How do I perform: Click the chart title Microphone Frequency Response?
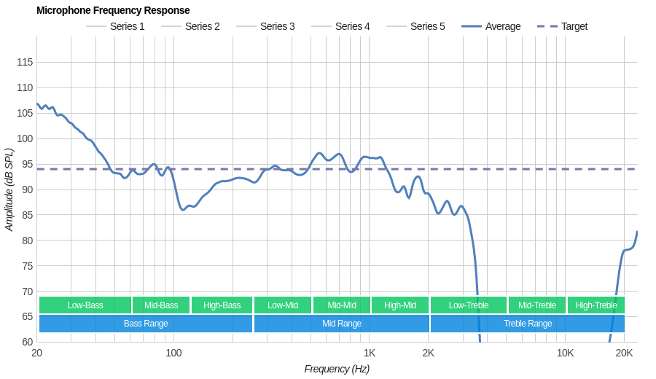[113, 10]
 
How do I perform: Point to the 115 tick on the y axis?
[25, 62]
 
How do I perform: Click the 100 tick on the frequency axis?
[173, 353]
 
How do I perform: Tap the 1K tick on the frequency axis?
[370, 353]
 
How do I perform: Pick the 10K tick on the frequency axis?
[565, 353]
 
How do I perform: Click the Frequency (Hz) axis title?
[337, 369]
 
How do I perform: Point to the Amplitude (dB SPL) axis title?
[9, 190]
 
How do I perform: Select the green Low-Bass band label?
[85, 305]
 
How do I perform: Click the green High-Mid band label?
[400, 305]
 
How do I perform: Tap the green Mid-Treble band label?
[537, 305]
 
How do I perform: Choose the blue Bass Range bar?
[146, 324]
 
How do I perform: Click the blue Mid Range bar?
[342, 324]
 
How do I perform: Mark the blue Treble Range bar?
[528, 324]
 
